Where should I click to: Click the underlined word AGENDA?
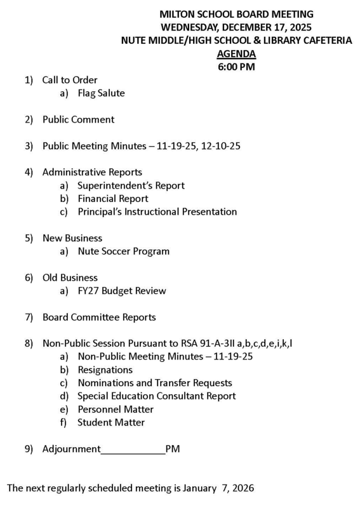coord(236,53)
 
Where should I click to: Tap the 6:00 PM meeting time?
coord(236,66)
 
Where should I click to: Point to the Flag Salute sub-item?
coord(101,93)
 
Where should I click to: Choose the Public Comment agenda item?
coord(78,119)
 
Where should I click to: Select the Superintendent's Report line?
coord(131,185)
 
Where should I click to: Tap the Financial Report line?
coord(112,198)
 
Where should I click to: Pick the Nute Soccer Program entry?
coord(123,251)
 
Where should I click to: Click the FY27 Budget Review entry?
coord(121,291)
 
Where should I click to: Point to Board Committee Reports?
coord(98,317)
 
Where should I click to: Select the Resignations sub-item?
coord(105,370)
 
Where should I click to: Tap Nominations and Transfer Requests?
coord(154,383)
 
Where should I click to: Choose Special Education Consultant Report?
coord(156,396)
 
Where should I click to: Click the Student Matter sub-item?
coord(111,422)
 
